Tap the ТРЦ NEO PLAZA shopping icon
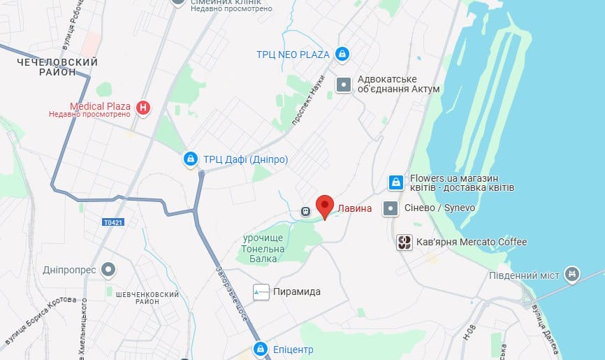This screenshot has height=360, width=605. (x=342, y=53)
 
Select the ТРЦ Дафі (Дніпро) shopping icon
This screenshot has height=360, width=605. (x=190, y=159)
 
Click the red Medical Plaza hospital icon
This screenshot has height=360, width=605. (x=143, y=107)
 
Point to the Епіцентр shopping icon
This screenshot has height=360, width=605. (x=260, y=349)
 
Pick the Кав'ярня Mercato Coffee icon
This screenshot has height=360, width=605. (x=404, y=243)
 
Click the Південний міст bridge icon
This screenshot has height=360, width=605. (x=572, y=274)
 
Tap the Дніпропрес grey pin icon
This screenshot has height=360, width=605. (x=108, y=269)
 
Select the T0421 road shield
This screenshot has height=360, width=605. (x=112, y=223)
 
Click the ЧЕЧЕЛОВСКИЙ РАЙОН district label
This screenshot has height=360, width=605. (x=57, y=67)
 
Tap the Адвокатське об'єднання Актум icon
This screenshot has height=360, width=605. (x=344, y=85)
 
